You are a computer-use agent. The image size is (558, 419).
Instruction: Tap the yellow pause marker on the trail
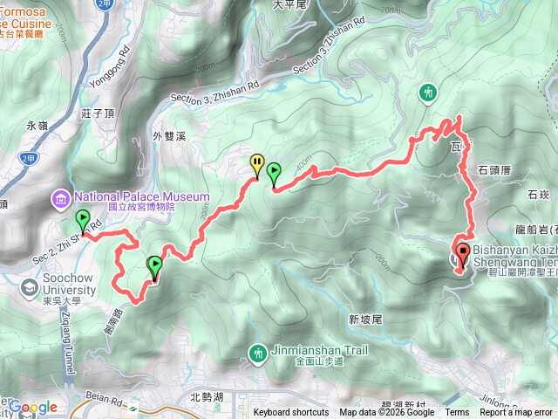(x=256, y=162)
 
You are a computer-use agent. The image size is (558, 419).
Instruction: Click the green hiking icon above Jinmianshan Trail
(x=257, y=353)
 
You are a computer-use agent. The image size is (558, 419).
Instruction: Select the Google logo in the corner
(x=32, y=407)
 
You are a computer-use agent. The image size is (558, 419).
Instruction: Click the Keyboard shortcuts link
(x=291, y=413)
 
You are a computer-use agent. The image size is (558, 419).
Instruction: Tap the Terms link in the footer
(x=457, y=413)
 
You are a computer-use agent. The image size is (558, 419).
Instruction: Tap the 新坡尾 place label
(x=365, y=319)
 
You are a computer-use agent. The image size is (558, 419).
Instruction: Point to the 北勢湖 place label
(x=207, y=397)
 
